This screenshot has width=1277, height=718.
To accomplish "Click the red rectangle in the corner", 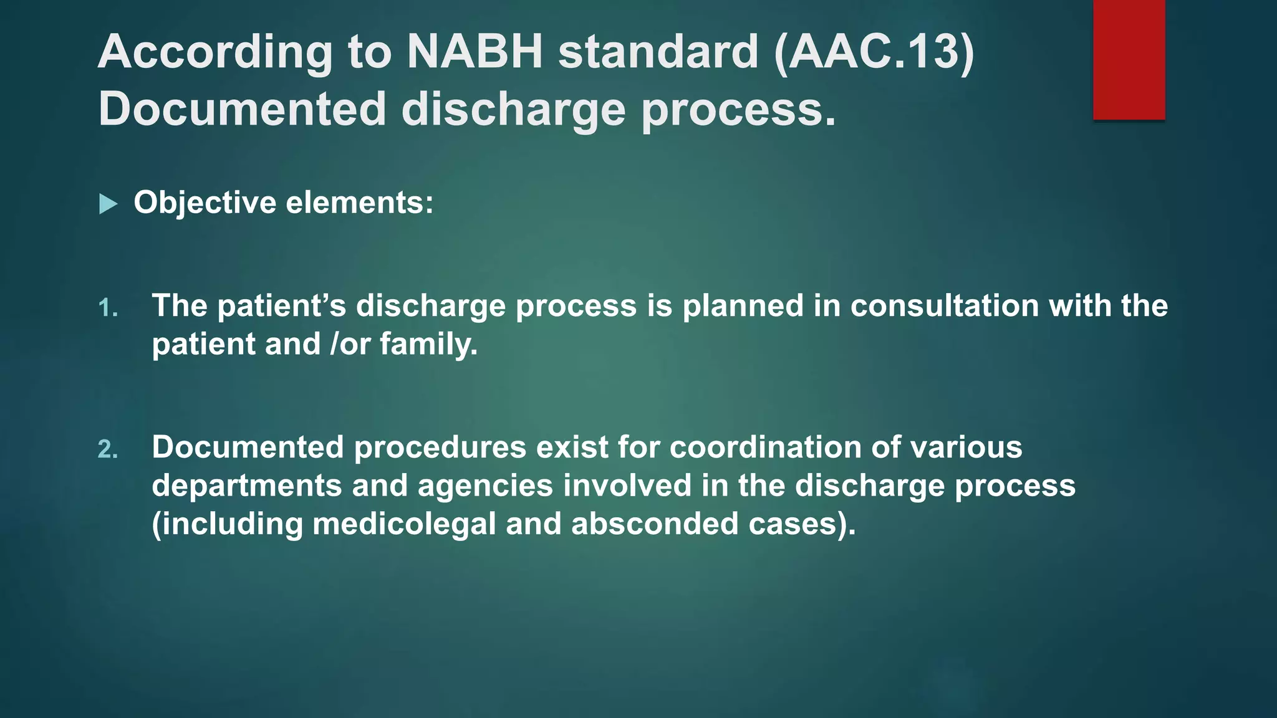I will click(x=1129, y=59).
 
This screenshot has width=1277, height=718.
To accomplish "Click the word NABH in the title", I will click(x=475, y=51).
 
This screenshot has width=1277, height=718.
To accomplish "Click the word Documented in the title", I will click(x=243, y=109).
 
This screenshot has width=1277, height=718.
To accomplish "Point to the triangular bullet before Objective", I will click(x=108, y=204).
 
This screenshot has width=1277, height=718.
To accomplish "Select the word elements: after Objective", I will click(x=360, y=203).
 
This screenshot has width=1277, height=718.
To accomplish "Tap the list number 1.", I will click(x=108, y=308).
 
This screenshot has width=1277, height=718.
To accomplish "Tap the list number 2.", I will click(x=108, y=449).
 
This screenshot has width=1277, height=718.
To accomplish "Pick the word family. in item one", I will click(x=428, y=345).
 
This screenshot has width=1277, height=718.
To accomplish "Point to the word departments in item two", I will click(x=247, y=486).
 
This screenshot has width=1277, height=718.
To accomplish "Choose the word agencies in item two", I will click(x=485, y=486).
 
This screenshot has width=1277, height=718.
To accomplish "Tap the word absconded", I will click(x=655, y=524).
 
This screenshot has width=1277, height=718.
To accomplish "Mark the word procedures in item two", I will click(x=440, y=448).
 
